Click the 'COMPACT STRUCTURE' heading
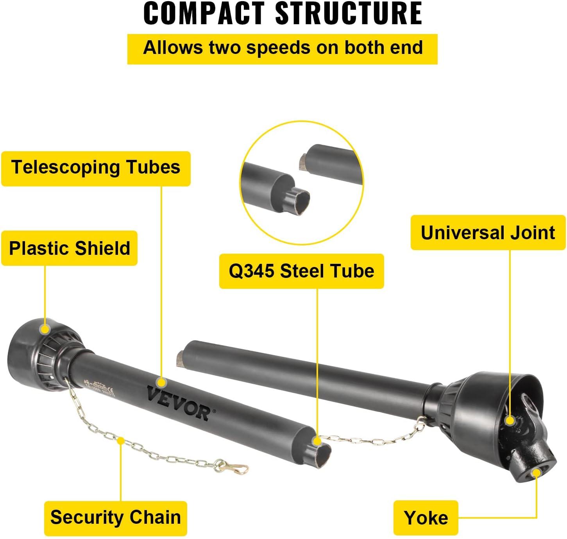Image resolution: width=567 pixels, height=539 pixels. pyautogui.click(x=283, y=14)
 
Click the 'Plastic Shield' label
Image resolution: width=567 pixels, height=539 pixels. pyautogui.click(x=70, y=248)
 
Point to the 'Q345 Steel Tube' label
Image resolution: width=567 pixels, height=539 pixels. pyautogui.click(x=301, y=271)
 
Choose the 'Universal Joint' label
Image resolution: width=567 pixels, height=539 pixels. pyautogui.click(x=488, y=233)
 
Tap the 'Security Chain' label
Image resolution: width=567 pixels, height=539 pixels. pyautogui.click(x=116, y=518)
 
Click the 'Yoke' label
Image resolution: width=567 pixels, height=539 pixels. pyautogui.click(x=426, y=518)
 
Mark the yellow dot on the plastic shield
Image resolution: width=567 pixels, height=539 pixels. pyautogui.click(x=45, y=329)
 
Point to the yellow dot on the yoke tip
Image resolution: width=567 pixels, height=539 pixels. pyautogui.click(x=537, y=473)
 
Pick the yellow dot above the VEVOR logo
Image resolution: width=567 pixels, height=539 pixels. pyautogui.click(x=161, y=382)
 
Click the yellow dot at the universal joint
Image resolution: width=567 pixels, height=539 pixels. pyautogui.click(x=509, y=421)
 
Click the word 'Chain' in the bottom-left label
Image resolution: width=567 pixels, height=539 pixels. pyautogui.click(x=156, y=518)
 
